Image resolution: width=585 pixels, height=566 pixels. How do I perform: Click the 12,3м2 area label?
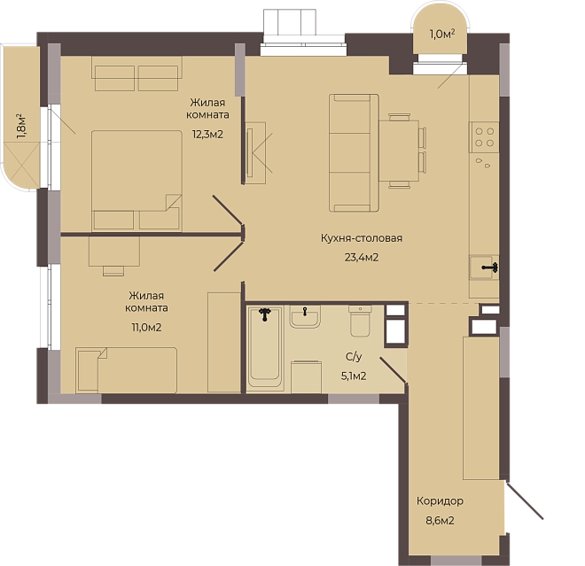[207, 135]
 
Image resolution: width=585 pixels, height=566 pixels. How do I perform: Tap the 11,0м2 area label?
[146, 328]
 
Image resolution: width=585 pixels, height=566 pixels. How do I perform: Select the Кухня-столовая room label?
[362, 238]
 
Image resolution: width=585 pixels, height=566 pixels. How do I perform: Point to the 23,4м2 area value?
[362, 257]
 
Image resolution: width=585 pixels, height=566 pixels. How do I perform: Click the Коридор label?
[440, 500]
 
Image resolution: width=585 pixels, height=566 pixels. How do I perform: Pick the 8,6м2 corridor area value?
[440, 520]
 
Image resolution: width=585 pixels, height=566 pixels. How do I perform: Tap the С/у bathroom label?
[354, 357]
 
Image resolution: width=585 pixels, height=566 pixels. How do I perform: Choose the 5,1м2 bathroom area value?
[354, 376]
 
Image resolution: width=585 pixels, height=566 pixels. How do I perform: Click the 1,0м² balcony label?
[442, 35]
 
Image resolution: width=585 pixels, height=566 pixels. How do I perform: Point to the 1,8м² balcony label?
[21, 127]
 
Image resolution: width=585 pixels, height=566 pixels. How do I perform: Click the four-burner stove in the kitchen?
[484, 137]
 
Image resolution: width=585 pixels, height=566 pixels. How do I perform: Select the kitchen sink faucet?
[490, 267]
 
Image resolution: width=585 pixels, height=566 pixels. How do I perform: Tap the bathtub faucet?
[265, 314]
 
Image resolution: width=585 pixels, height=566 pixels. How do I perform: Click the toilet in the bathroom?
[361, 321]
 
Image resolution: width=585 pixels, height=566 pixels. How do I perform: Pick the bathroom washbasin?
[305, 317]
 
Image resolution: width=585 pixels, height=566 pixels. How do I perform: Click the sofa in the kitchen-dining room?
[354, 153]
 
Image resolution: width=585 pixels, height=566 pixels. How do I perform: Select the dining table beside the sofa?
[399, 151]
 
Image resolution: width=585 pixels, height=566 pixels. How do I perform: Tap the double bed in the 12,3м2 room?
[136, 181]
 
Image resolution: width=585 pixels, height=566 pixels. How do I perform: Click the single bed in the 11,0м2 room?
[126, 370]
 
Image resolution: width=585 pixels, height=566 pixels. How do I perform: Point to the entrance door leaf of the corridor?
[525, 500]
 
